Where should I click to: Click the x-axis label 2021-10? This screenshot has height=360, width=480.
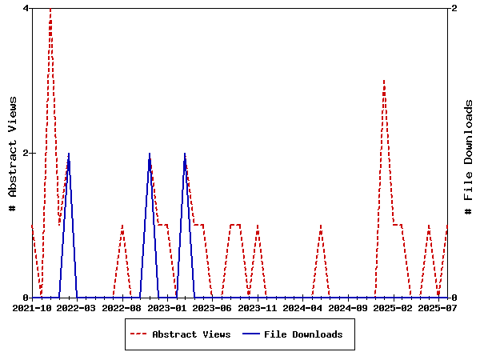tap(34, 307)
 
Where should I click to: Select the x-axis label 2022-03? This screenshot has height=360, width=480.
tap(78, 307)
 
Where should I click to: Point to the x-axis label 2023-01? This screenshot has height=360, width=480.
tap(169, 307)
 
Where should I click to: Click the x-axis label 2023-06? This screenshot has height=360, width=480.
tap(214, 307)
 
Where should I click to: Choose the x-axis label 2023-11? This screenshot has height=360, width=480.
tap(258, 307)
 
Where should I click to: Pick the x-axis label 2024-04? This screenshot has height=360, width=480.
tap(304, 307)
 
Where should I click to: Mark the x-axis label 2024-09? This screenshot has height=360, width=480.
tap(349, 307)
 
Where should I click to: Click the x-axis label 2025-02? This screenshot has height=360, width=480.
tap(394, 307)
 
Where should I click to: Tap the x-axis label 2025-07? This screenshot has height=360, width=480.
tap(438, 307)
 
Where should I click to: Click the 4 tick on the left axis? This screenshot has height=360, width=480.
tap(26, 8)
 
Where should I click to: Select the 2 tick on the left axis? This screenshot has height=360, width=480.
tap(26, 153)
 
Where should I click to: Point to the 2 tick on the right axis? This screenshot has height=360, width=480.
tap(454, 8)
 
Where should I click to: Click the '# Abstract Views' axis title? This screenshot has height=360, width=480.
tap(12, 153)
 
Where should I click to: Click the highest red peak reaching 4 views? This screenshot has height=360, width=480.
tap(50, 9)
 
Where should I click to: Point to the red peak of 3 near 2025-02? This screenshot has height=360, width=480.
tap(384, 81)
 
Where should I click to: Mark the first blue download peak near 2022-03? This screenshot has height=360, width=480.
tap(69, 154)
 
